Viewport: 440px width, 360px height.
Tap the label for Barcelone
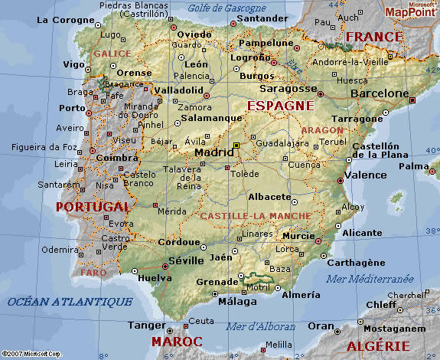pyautogui.click(x=380, y=93)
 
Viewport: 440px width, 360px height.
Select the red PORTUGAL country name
pyautogui.click(x=93, y=207)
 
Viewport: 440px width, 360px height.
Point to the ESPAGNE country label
pyautogui.click(x=279, y=105)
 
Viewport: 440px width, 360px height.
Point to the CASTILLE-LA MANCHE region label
pyautogui.click(x=255, y=216)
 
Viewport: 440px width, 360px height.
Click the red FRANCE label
pyautogui.click(x=374, y=36)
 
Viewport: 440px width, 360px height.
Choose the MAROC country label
pyautogui.click(x=177, y=341)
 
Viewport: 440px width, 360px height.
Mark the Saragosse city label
pyautogui.click(x=284, y=89)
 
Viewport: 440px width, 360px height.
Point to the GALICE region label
pyautogui.click(x=112, y=54)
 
